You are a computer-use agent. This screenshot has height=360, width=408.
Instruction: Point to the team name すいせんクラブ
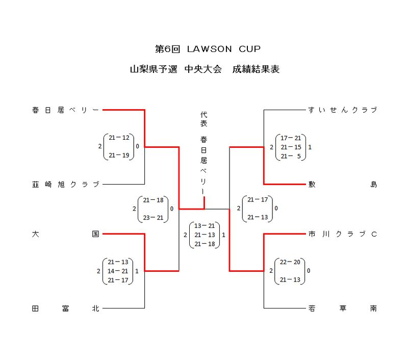click(343, 110)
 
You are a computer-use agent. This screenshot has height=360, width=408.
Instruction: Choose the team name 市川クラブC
click(343, 234)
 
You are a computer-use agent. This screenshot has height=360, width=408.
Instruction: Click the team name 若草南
click(343, 308)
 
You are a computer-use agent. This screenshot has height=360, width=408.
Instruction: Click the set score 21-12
click(119, 138)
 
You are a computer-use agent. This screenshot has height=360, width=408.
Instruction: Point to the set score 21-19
click(119, 156)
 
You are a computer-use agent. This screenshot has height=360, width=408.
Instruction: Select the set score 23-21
click(154, 218)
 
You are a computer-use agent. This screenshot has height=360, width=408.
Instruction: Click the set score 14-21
click(119, 271)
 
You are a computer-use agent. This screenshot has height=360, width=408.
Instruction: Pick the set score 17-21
click(291, 138)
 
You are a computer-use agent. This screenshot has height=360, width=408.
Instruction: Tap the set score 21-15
click(291, 147)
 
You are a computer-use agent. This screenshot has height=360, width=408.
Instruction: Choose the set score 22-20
click(291, 262)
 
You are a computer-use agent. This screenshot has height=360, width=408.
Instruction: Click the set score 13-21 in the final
click(205, 226)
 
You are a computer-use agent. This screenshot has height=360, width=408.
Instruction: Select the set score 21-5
click(291, 156)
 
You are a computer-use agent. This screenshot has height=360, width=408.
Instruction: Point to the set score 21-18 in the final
click(205, 244)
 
